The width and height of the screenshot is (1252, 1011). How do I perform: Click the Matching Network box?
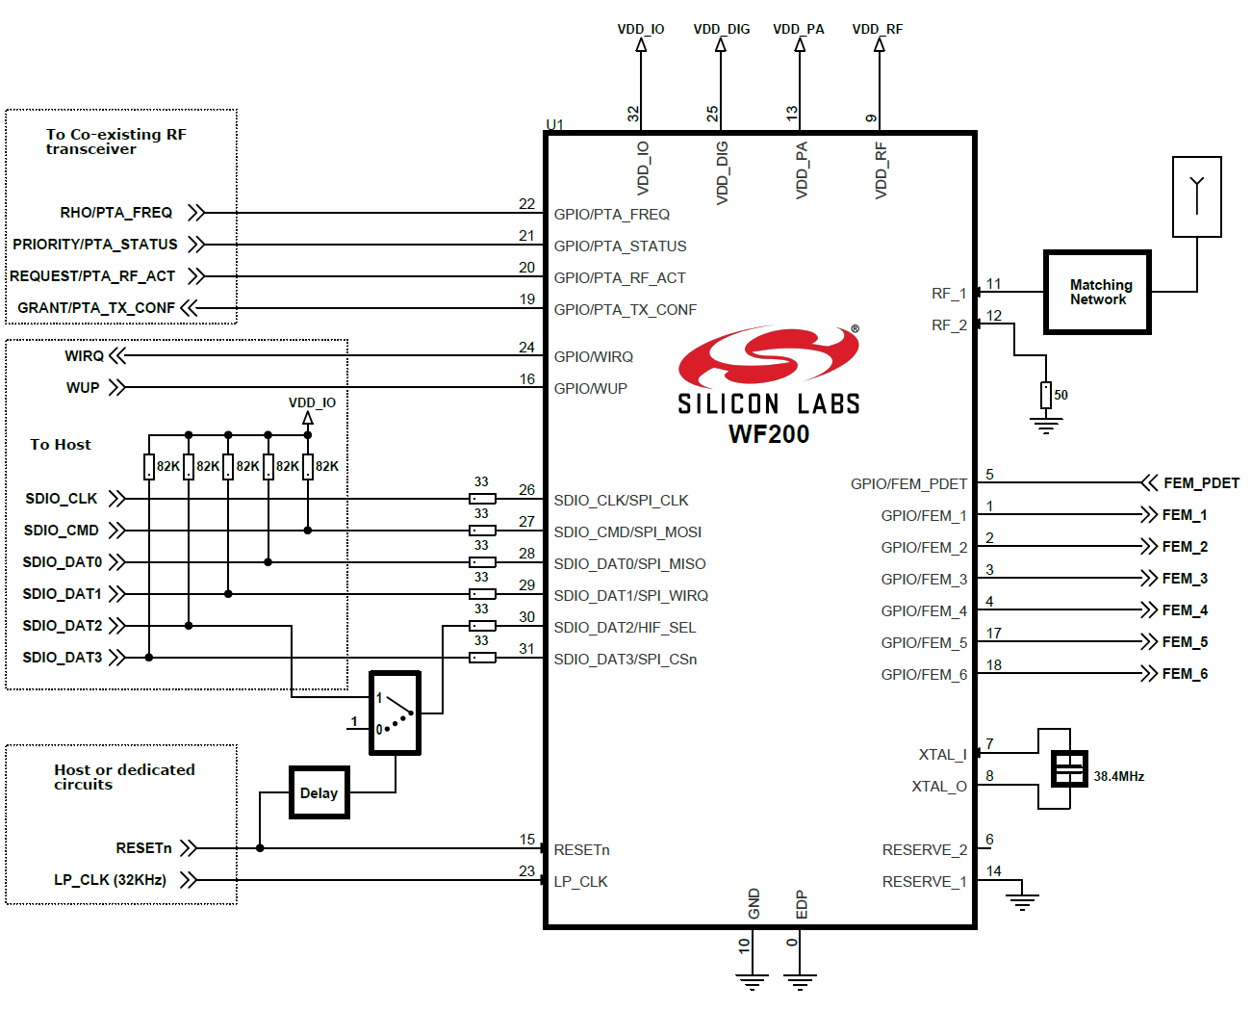(1097, 293)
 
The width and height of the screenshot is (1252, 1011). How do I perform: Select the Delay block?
(319, 792)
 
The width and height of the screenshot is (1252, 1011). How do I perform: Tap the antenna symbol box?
(1197, 196)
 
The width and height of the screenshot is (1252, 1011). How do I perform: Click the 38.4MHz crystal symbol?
(1069, 768)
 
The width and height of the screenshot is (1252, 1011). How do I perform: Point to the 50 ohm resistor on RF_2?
(1045, 395)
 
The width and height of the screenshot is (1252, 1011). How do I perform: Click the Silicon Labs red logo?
(768, 357)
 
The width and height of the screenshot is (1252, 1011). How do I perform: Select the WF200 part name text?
(769, 434)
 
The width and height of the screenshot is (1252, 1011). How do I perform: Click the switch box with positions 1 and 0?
(396, 713)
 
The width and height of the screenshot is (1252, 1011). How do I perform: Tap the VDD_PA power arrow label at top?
(799, 29)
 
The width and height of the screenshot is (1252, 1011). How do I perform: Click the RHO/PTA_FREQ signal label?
(116, 213)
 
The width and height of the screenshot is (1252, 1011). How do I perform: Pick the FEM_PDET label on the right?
(1201, 483)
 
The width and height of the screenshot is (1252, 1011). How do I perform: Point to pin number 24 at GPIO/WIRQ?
(526, 348)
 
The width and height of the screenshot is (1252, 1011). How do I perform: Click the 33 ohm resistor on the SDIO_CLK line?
(482, 499)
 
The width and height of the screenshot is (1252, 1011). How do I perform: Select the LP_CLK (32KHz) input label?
(110, 880)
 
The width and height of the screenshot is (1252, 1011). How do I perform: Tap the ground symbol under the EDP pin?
(800, 981)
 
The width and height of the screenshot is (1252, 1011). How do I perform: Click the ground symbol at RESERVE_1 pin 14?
(1022, 901)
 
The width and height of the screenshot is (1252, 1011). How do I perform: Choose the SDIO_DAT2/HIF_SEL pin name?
(625, 628)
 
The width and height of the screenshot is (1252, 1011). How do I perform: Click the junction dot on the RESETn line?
(260, 848)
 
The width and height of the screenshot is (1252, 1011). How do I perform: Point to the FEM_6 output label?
(1185, 674)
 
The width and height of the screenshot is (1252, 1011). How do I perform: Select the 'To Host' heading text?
(61, 445)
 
